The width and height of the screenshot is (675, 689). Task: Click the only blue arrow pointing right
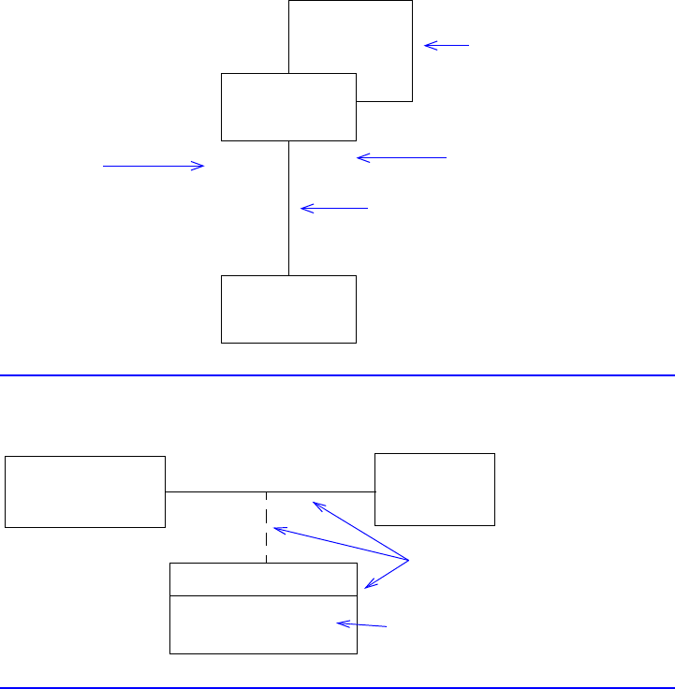click(154, 166)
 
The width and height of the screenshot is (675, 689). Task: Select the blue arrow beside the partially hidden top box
click(447, 45)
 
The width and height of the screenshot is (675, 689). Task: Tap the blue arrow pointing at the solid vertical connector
click(334, 208)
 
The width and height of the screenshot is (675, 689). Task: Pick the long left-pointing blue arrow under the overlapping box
click(402, 158)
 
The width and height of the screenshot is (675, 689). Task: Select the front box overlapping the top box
click(288, 107)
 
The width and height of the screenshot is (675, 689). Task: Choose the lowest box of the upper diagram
click(288, 309)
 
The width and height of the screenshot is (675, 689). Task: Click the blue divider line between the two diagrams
click(337, 375)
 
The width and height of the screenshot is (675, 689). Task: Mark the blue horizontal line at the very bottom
click(337, 688)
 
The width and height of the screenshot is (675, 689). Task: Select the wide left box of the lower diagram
click(85, 491)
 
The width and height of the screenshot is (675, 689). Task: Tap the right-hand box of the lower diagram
click(434, 489)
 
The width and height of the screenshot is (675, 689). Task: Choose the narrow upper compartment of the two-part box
click(263, 579)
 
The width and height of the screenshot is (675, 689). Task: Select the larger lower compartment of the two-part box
click(263, 623)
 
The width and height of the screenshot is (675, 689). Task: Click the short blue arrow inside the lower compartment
click(361, 624)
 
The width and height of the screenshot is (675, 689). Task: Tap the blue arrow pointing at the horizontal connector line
click(360, 531)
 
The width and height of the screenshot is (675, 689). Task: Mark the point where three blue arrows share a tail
click(409, 560)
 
